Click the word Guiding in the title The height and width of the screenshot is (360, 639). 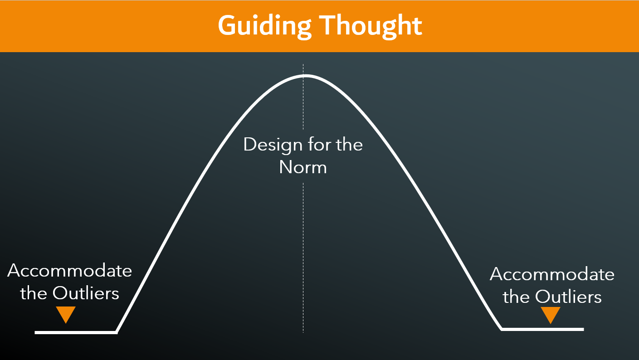pyautogui.click(x=263, y=26)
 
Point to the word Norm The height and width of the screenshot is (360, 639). pyautogui.click(x=303, y=167)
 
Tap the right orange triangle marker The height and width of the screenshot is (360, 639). pyautogui.click(x=551, y=314)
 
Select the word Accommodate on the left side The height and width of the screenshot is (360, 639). pyautogui.click(x=70, y=271)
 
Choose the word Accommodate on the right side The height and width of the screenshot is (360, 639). pyautogui.click(x=552, y=274)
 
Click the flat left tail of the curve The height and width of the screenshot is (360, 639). pyautogui.click(x=76, y=332)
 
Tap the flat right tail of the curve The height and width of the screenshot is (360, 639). pyautogui.click(x=542, y=329)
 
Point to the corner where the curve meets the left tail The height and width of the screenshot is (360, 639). pyautogui.click(x=117, y=332)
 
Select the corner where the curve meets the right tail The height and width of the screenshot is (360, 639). pyautogui.click(x=502, y=329)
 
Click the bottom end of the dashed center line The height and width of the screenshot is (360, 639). pyautogui.click(x=303, y=332)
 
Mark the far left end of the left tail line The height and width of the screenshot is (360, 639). pyautogui.click(x=36, y=332)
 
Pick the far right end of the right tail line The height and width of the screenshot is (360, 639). pyautogui.click(x=583, y=329)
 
